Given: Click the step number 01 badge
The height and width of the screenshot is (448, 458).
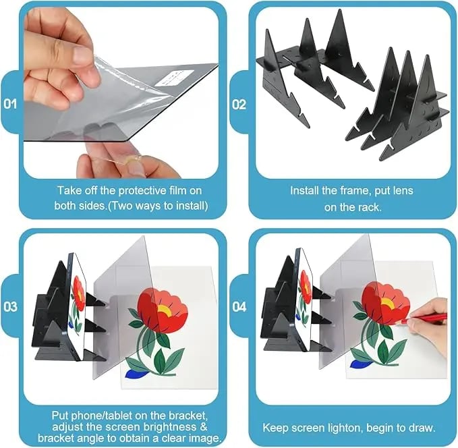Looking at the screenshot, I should coord(11,105).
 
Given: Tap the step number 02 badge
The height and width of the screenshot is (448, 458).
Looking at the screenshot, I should coord(239,105).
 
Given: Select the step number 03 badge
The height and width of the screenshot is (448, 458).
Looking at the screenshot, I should coord(11,306).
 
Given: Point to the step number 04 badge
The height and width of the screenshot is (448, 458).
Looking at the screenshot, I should coord(239,306).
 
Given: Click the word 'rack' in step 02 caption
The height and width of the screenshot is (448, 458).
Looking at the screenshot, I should coord(368,207).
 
